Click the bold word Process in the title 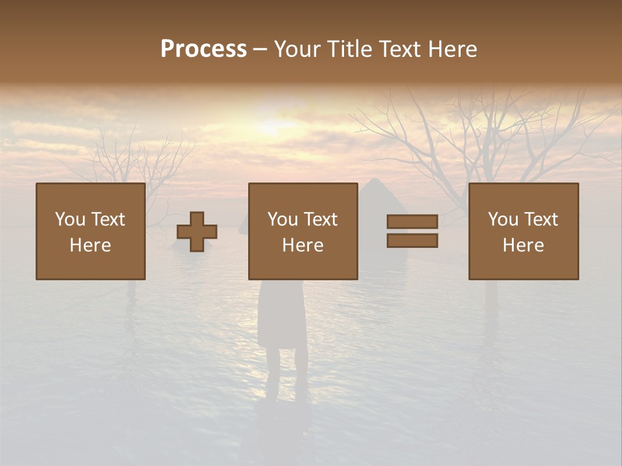[203, 49]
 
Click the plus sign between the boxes [197, 232]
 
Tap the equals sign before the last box [412, 231]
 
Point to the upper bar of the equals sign [412, 222]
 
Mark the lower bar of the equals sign [412, 240]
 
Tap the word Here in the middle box [303, 245]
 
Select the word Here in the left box [91, 245]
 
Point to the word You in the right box [503, 219]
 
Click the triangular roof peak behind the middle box [374, 184]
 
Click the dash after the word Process [260, 49]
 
